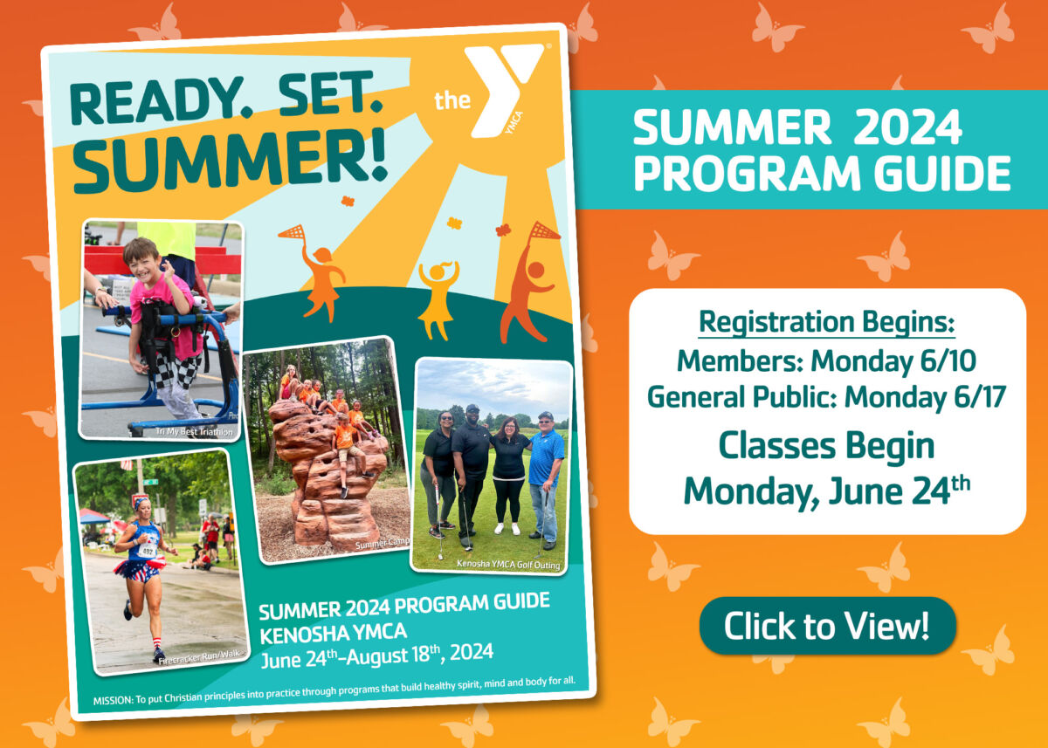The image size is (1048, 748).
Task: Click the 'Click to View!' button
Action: coord(827,626)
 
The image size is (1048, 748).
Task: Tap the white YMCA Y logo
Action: coord(500,92)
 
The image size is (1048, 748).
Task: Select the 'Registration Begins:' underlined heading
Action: coord(826,322)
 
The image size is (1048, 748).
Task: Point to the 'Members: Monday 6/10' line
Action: coord(826,360)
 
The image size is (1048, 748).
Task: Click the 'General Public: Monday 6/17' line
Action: coord(826,397)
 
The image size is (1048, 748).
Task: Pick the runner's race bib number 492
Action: coord(148,552)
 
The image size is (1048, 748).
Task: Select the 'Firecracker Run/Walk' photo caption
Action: coord(195,661)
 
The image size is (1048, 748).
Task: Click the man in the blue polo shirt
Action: coord(545,471)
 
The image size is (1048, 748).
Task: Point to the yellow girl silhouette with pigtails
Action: coord(438,297)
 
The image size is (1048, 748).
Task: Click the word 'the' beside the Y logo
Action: coord(452,100)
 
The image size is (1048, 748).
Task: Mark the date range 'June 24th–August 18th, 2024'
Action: coord(376,652)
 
